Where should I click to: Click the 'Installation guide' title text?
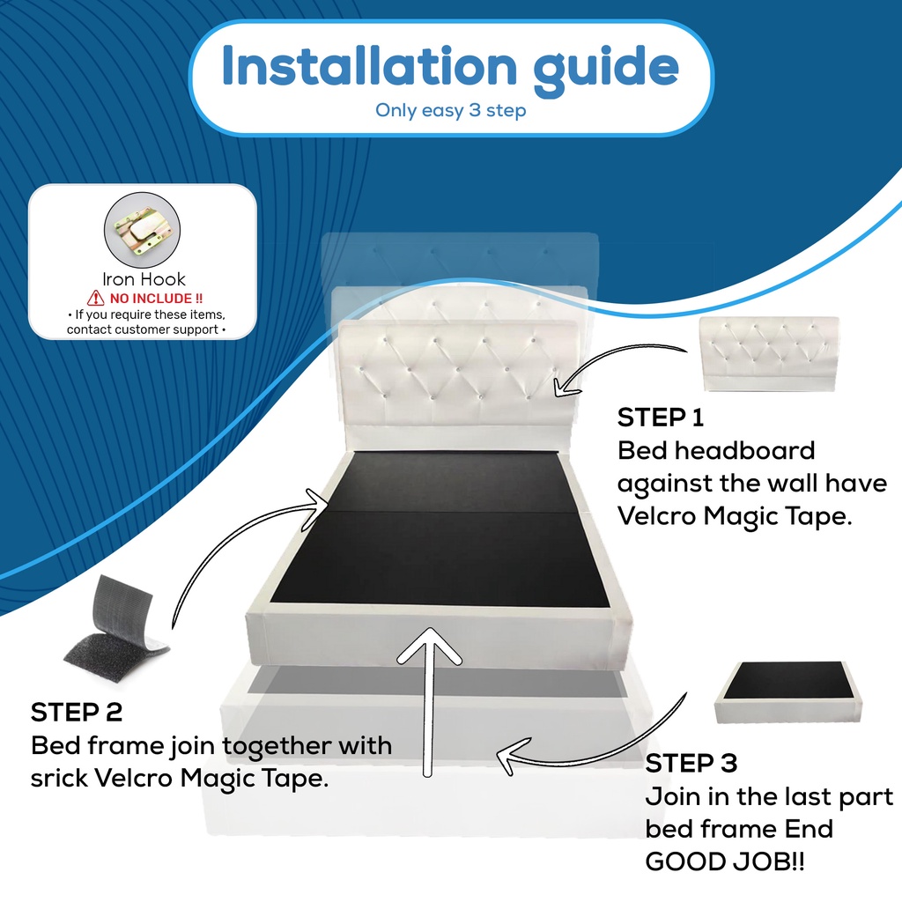tap(450, 68)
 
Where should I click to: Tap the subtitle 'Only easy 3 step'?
tap(450, 110)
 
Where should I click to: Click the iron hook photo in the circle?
tap(142, 230)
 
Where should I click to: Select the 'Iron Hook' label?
tap(144, 279)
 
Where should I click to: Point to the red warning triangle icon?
tap(95, 298)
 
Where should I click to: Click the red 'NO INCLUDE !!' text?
tap(156, 299)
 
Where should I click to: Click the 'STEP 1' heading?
tap(661, 418)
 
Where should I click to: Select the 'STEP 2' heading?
tap(77, 712)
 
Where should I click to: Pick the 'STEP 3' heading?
tap(691, 764)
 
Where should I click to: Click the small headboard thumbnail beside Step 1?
tap(768, 354)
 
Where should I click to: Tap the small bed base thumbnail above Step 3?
tap(788, 692)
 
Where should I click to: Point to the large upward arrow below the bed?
tap(429, 702)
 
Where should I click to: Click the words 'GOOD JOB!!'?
tap(725, 861)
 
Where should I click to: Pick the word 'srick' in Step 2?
tap(59, 779)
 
